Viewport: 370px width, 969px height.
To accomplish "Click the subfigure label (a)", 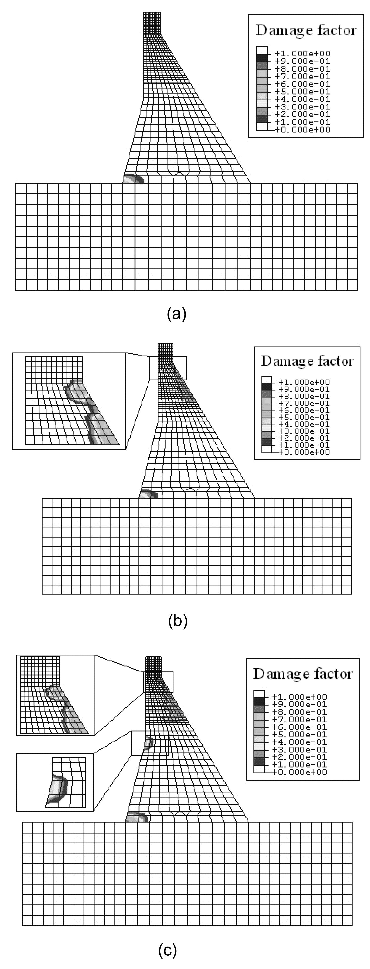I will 176,313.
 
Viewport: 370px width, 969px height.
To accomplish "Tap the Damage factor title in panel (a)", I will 306,30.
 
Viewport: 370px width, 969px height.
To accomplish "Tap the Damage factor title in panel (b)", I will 307,361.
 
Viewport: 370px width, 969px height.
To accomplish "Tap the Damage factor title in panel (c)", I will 303,674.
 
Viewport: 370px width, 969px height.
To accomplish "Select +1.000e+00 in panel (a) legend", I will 302,54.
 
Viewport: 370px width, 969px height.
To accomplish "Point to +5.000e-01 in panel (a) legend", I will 302,91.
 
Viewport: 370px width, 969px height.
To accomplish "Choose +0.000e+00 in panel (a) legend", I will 302,129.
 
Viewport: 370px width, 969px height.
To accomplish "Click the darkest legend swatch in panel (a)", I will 262,58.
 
